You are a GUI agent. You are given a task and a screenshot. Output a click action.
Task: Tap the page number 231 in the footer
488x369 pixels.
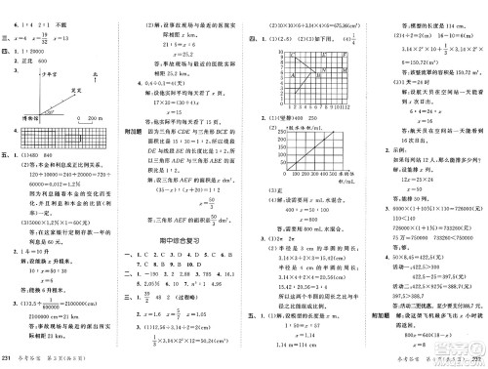[7, 359]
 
